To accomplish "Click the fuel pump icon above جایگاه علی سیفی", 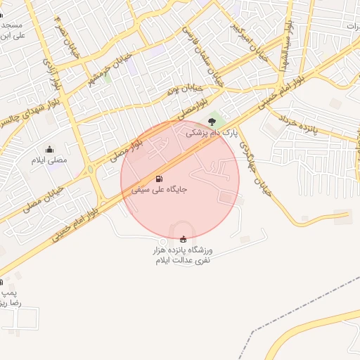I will [159, 179].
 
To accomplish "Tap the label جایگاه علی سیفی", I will [159, 190].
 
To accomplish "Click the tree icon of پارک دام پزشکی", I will [212, 122].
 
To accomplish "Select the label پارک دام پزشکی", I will [212, 132].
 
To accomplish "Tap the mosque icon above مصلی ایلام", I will [49, 149].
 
